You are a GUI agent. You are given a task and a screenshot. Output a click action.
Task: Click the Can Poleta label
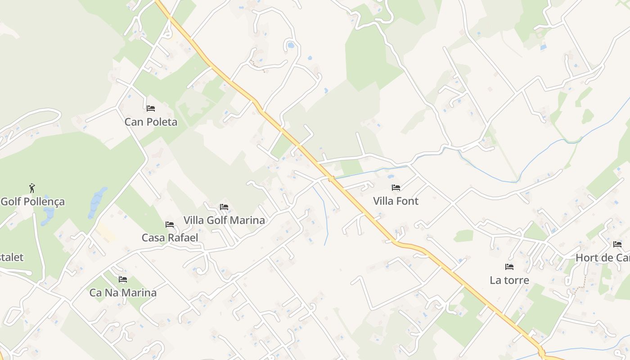(151, 122)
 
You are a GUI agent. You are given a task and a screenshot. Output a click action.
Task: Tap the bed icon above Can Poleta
(151, 108)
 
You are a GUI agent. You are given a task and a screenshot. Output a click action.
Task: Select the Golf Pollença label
(32, 202)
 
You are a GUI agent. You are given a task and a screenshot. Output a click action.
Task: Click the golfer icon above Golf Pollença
(31, 188)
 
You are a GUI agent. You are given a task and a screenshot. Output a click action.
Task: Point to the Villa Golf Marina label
(224, 220)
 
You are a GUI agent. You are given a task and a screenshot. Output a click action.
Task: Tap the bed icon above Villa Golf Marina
(224, 207)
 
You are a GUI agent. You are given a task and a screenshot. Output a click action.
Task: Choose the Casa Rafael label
(170, 238)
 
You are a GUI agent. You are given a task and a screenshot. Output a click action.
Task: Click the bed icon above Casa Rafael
(170, 224)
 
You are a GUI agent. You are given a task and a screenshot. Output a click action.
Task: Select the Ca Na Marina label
(123, 292)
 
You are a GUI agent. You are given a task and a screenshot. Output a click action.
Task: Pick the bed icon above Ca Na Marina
(123, 279)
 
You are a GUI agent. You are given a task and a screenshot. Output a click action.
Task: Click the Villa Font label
(396, 201)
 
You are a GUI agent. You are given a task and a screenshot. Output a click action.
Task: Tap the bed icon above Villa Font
(396, 188)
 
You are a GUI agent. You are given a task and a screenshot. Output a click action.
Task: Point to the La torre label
(509, 280)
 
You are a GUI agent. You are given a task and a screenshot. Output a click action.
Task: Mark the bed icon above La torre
(509, 267)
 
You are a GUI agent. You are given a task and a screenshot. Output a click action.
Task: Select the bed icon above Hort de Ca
(617, 244)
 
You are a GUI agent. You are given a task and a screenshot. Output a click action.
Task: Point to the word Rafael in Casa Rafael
(182, 238)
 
